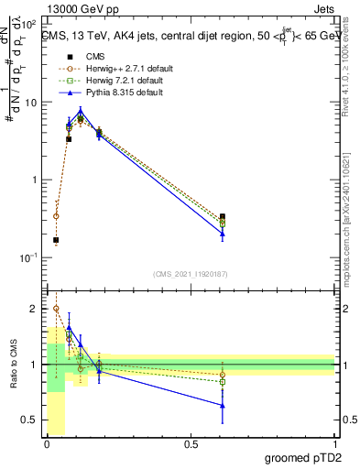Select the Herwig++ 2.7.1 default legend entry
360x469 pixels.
click(125, 68)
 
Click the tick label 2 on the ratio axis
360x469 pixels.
click(35, 309)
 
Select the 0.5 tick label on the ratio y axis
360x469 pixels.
click(30, 420)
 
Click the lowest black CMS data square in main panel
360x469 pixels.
click(56, 240)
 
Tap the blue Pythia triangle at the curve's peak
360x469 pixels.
click(82, 112)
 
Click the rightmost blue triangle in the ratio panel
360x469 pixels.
click(223, 405)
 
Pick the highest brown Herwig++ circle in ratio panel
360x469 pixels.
click(56, 309)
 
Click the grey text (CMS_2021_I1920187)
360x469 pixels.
click(191, 273)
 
